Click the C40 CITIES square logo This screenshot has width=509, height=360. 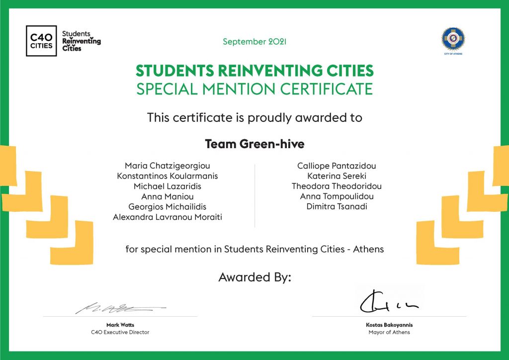click(41, 41)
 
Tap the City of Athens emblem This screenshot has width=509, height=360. click(452, 39)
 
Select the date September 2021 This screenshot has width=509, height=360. click(254, 42)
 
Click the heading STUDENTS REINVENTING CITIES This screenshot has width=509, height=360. click(254, 71)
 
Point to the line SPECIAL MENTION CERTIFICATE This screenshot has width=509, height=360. click(254, 89)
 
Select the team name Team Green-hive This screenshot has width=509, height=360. click(254, 144)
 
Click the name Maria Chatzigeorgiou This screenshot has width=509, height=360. click(168, 166)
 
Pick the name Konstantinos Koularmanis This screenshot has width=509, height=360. click(168, 176)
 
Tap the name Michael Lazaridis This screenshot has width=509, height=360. click(168, 186)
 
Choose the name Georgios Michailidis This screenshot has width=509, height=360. click(168, 206)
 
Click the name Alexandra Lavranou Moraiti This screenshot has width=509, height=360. click(168, 217)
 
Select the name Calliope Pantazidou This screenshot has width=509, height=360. click(337, 166)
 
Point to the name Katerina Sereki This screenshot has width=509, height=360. click(337, 176)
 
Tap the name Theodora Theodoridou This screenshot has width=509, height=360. click(337, 186)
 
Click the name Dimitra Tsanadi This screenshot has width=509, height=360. click(337, 206)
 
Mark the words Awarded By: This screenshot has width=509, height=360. click(254, 277)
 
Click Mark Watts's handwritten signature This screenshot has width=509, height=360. click(120, 309)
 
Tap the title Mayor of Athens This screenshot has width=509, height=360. click(389, 332)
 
